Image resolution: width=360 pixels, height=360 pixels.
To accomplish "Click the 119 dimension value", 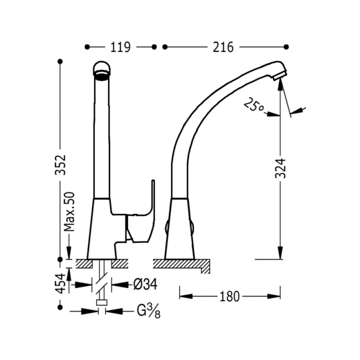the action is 120,47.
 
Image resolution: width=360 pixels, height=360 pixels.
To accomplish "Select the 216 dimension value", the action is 223,47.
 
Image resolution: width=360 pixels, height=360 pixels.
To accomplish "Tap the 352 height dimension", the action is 60,165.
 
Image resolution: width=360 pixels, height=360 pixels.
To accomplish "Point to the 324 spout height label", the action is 280,168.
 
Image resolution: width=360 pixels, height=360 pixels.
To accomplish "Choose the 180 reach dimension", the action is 230,296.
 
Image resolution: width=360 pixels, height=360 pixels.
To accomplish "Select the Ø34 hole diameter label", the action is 145,285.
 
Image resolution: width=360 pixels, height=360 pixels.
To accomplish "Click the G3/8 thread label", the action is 148,311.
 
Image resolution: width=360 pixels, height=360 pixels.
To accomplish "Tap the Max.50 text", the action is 69,212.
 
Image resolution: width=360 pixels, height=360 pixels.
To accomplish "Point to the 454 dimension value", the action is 60,284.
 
